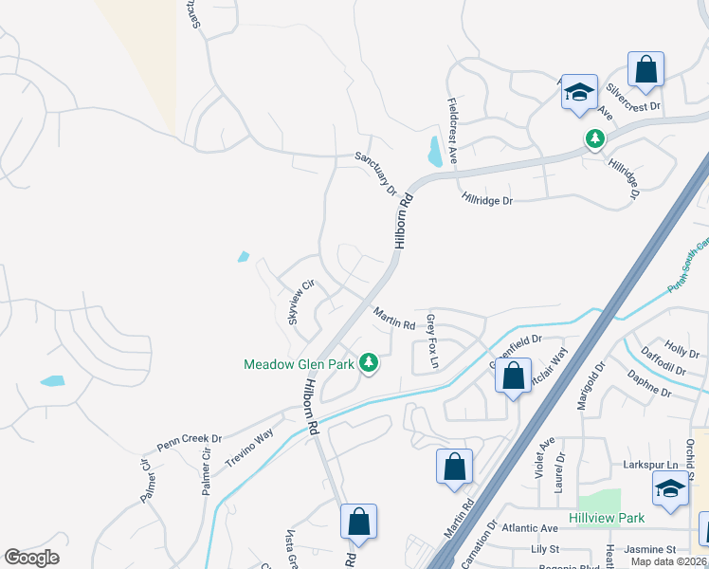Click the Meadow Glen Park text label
(299, 363)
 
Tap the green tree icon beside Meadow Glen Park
(369, 362)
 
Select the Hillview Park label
(608, 518)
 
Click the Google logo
(31, 558)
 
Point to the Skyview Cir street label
(300, 302)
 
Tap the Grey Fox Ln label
(433, 341)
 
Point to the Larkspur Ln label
(660, 465)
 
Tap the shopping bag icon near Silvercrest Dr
(645, 69)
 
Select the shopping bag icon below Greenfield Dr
(513, 376)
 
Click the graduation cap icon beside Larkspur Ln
(670, 488)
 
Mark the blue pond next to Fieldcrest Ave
(434, 150)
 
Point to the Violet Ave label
(547, 458)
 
